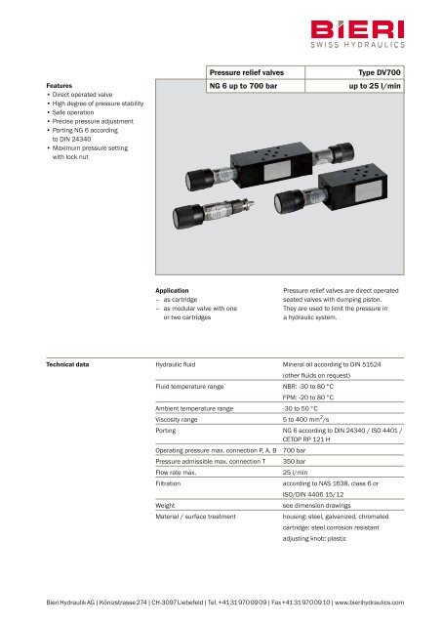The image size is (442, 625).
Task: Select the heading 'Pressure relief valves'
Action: point(246,72)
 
